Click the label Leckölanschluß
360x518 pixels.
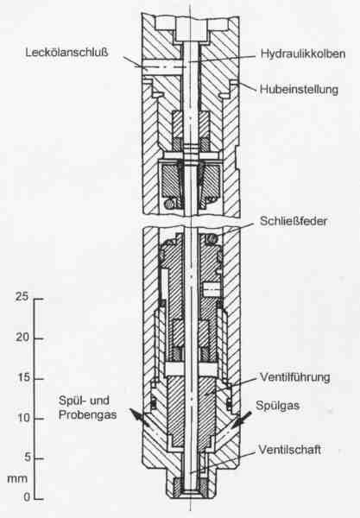coord(67,53)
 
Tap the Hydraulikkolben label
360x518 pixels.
coord(302,54)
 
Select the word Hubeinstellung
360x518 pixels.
coord(299,90)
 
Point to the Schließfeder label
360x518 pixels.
coord(294,221)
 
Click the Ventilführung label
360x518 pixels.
coord(295,377)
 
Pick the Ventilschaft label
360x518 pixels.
coord(290,450)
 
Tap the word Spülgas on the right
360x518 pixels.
coord(277,406)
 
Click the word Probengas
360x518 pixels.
coord(87,415)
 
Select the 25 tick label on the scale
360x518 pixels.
coord(22,297)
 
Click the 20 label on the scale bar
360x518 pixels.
coord(22,338)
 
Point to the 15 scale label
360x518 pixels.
coord(24,377)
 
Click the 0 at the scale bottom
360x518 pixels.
coord(27,497)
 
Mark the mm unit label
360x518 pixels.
coord(17,478)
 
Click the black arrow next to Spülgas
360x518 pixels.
coord(242,420)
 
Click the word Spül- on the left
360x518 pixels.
coord(71,401)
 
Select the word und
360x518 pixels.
coord(99,401)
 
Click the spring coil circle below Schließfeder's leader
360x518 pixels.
coord(212,238)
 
